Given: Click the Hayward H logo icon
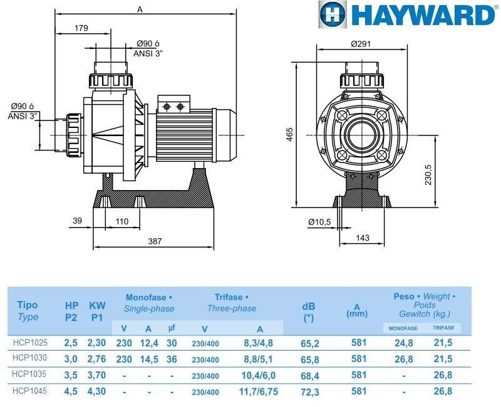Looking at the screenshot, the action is tap(332, 14).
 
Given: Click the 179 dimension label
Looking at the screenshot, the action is tap(81, 28).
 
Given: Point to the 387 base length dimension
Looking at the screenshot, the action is tap(155, 241).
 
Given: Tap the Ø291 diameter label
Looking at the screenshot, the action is tap(361, 44).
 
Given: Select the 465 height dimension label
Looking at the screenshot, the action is tap(289, 135).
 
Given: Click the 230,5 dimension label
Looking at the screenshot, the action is tap(428, 175).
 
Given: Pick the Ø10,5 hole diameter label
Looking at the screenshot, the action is tap(319, 222).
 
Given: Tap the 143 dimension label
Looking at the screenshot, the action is tap(363, 238).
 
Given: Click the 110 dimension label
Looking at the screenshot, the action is tap(121, 221).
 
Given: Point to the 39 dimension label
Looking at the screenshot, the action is tap(77, 221).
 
